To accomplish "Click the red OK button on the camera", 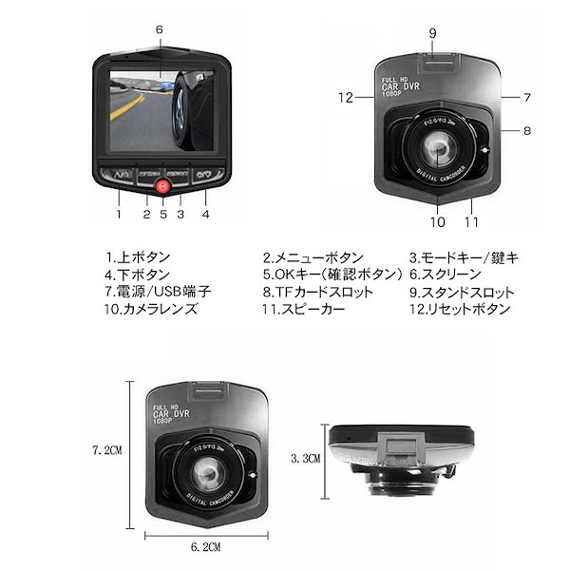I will (x=161, y=187).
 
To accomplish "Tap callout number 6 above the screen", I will (x=159, y=28).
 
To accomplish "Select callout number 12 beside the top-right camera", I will (x=345, y=96).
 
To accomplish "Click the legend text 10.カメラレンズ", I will (x=151, y=309).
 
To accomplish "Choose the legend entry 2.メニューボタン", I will (x=313, y=257).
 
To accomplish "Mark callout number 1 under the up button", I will (x=119, y=213).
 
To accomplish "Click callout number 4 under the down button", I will (x=205, y=213).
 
